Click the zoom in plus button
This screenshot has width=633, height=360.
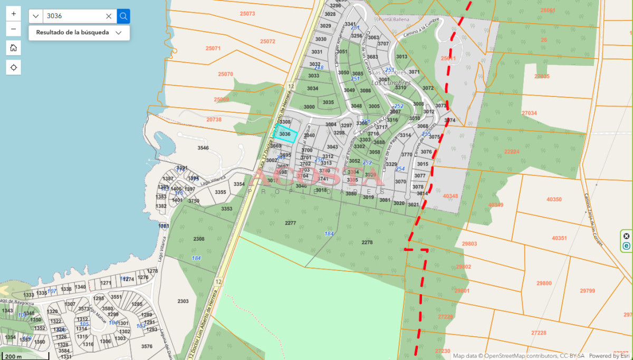click(x=14, y=14)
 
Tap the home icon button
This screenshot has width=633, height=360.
click(x=14, y=48)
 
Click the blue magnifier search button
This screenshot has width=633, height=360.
click(x=123, y=16)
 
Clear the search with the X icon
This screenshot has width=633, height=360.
click(x=109, y=16)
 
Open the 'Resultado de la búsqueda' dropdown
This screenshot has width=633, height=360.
click(x=79, y=32)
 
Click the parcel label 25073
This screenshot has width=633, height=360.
click(x=247, y=14)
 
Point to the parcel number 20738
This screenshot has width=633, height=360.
click(x=214, y=120)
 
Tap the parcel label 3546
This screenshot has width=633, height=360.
click(x=203, y=148)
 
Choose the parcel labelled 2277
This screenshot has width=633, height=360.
click(x=290, y=223)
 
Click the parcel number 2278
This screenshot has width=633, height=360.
click(x=367, y=242)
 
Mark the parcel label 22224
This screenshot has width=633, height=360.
click(x=512, y=151)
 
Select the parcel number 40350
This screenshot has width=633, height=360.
click(x=554, y=199)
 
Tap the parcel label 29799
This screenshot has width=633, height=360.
click(x=587, y=290)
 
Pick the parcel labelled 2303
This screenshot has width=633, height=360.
click(x=183, y=301)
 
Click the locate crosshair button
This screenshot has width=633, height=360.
click(x=14, y=67)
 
